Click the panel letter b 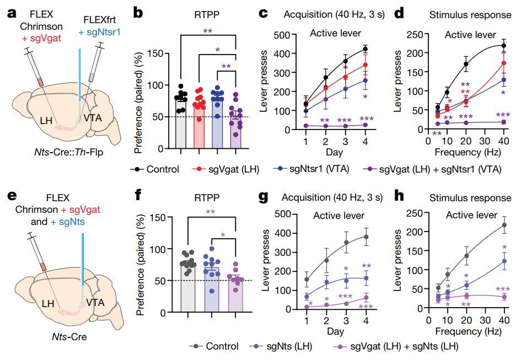(138, 13)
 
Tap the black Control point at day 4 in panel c (365, 49)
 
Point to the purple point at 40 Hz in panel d (504, 122)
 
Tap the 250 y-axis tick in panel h (415, 213)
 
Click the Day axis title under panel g (335, 331)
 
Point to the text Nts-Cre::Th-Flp (69, 152)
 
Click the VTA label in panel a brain (93, 118)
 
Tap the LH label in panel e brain (48, 303)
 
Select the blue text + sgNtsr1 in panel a (99, 32)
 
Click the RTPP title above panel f (207, 198)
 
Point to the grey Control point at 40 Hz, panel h (504, 225)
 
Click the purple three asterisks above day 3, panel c (344, 120)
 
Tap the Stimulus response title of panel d (470, 15)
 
